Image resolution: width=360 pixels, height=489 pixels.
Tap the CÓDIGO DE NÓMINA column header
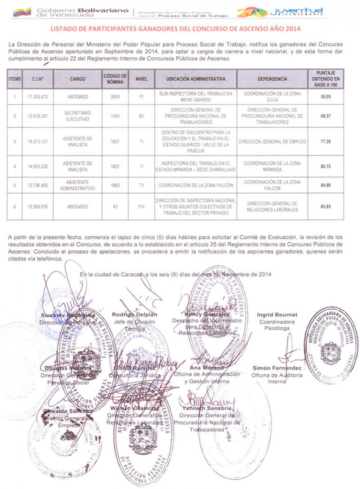[115, 79]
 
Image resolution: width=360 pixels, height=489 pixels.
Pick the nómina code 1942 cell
[115, 116]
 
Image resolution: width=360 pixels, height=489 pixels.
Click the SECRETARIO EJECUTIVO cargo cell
[77, 116]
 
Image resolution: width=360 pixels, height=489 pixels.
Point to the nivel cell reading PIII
[141, 207]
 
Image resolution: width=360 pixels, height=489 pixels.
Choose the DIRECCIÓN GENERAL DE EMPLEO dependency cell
[272, 141]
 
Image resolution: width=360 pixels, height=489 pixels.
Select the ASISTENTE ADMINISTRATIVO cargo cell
[77, 185]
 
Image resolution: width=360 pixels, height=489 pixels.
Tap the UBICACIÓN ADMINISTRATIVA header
[195, 79]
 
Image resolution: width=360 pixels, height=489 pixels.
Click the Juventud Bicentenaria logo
[281, 12]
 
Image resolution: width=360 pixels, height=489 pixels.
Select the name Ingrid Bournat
[277, 314]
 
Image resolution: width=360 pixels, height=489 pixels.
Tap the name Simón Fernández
[277, 368]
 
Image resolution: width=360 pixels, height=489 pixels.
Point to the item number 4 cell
[15, 166]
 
